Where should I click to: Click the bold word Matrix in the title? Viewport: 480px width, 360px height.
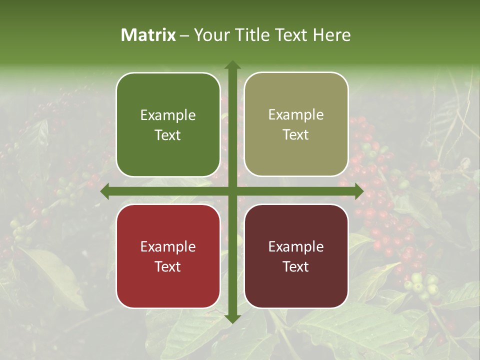pos(148,35)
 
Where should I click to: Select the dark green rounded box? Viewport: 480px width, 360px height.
pos(168,124)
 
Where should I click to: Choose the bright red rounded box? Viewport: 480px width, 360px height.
pos(168,256)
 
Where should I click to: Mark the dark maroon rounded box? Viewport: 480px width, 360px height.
pos(296,256)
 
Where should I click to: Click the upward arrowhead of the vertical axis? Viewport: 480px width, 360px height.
pos(232,64)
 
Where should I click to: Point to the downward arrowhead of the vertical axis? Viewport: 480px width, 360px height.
pos(232,318)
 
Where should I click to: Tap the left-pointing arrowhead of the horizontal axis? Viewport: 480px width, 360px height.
pos(105,191)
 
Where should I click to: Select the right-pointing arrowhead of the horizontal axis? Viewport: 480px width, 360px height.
pos(359,191)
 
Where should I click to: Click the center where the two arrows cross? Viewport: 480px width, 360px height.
pos(232,191)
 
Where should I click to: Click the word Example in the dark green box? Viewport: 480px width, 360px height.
pos(168,115)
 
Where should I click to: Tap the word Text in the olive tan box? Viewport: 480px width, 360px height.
pos(296,135)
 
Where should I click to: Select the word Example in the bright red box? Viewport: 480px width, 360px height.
pos(168,247)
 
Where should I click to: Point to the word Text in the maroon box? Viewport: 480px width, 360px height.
pos(296,267)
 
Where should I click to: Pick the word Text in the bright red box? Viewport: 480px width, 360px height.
pos(168,267)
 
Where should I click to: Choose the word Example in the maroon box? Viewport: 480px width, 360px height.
pos(296,247)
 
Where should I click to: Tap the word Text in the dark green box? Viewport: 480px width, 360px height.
pos(168,135)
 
